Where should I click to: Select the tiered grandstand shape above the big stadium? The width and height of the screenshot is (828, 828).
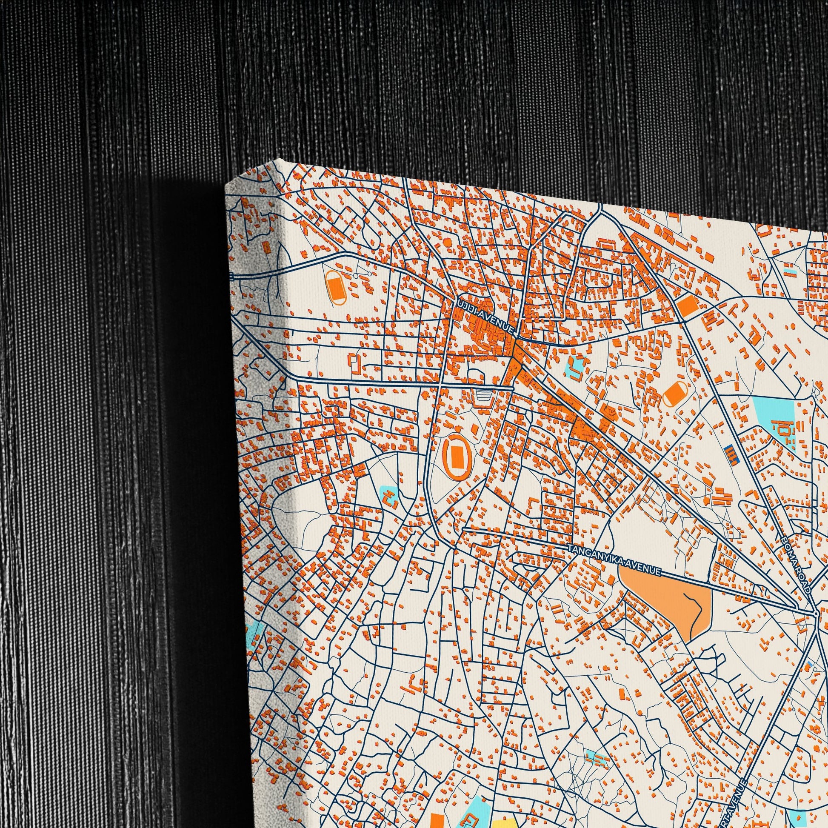[485, 399]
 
